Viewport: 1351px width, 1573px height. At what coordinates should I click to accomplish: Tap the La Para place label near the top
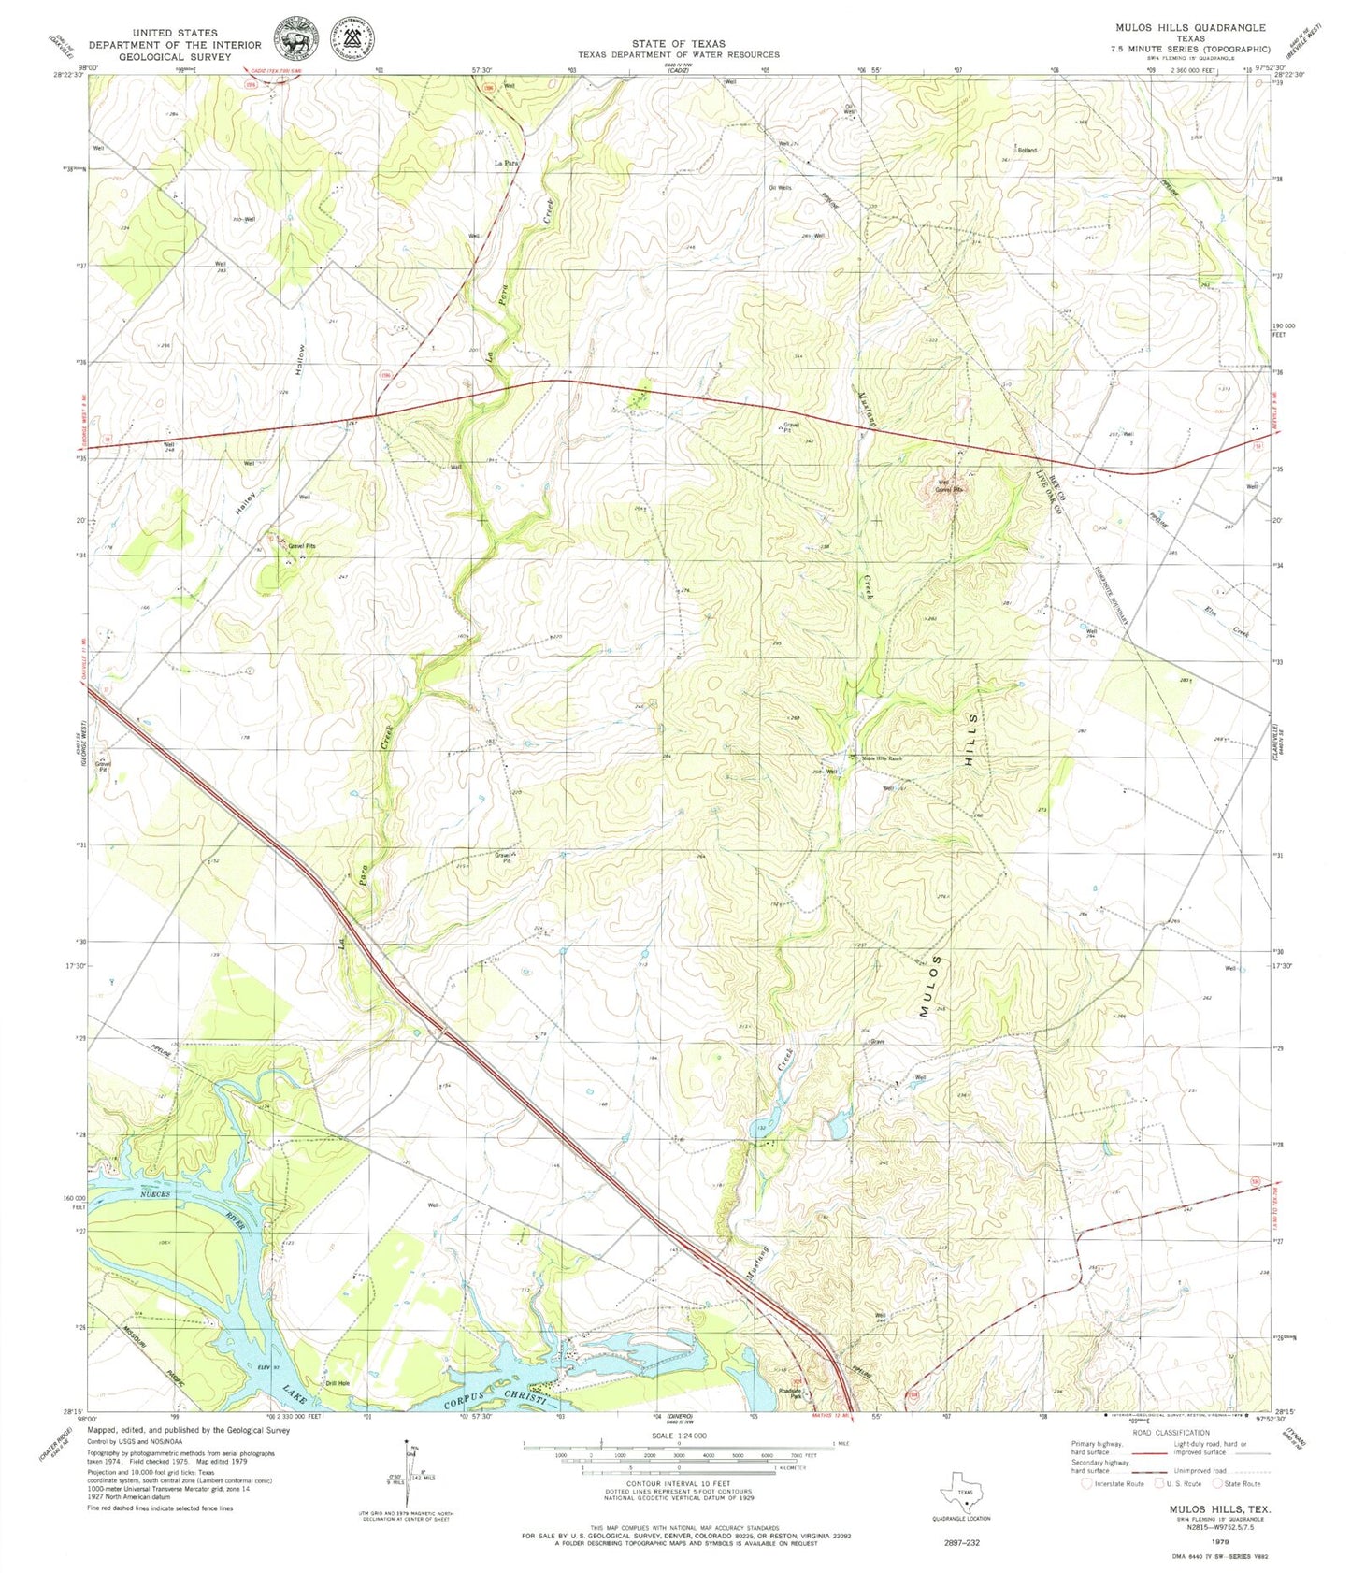point(506,163)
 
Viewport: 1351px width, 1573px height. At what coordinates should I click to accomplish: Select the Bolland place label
point(1027,150)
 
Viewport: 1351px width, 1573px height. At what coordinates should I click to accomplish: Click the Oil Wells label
point(780,188)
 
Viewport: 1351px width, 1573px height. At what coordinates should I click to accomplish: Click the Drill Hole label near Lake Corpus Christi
point(337,1383)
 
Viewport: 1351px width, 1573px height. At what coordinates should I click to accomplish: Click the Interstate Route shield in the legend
point(1085,1483)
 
